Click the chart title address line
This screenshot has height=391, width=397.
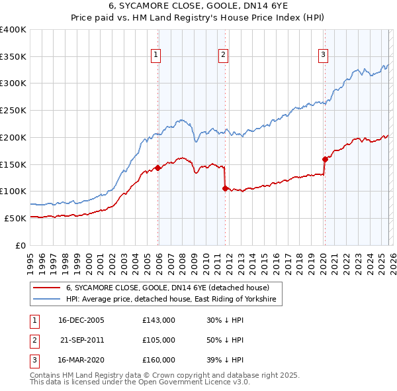198,7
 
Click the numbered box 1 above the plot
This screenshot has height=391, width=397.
156,55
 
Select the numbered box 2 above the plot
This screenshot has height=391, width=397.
224,55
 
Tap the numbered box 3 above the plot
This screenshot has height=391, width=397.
324,55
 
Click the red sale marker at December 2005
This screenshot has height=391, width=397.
157,168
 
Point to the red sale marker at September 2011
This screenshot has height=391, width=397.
225,188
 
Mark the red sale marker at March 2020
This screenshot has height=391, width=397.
325,158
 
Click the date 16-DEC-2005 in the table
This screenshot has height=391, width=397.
81,319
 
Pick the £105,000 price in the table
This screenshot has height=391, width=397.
159,339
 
